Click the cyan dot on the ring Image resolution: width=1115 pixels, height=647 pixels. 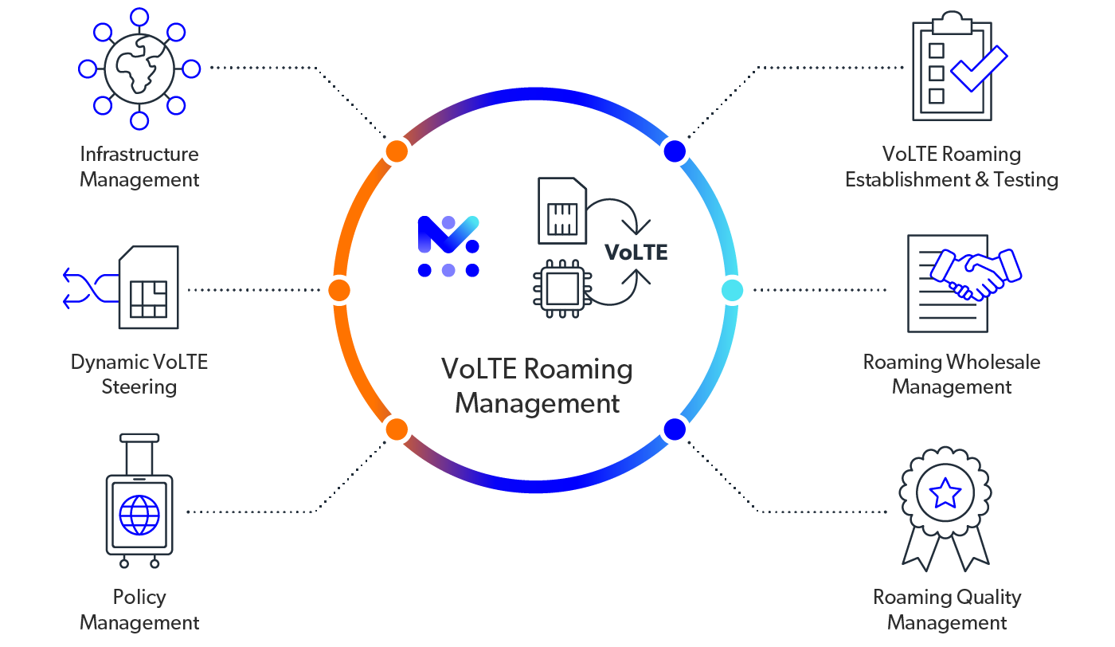[732, 290]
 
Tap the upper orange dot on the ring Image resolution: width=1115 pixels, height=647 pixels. [396, 151]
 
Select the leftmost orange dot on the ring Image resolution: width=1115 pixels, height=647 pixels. [338, 290]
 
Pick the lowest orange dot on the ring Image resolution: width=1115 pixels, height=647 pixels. [396, 429]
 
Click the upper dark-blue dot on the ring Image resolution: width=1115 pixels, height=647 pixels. [675, 151]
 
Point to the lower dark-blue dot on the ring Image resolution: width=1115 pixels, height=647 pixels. [675, 429]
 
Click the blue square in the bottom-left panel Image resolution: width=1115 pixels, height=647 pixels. [142, 520]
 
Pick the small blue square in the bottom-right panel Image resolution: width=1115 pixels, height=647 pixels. [949, 495]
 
